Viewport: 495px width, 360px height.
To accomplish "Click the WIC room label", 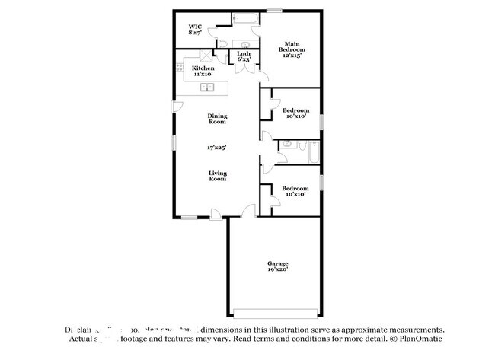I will click(x=195, y=27).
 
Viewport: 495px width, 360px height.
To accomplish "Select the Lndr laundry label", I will click(x=244, y=53).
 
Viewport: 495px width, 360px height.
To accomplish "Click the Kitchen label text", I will click(x=203, y=68).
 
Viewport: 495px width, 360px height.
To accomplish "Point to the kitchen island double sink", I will click(x=207, y=87).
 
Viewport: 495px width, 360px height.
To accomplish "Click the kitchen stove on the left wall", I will click(x=180, y=70).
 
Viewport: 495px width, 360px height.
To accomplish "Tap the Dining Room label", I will click(x=218, y=119).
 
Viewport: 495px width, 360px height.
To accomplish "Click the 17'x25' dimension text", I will click(x=218, y=147).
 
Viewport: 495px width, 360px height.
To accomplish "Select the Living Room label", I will click(x=218, y=176).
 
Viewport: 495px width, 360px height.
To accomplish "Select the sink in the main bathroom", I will click(x=246, y=44).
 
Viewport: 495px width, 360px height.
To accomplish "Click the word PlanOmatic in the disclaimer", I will click(x=417, y=338).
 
